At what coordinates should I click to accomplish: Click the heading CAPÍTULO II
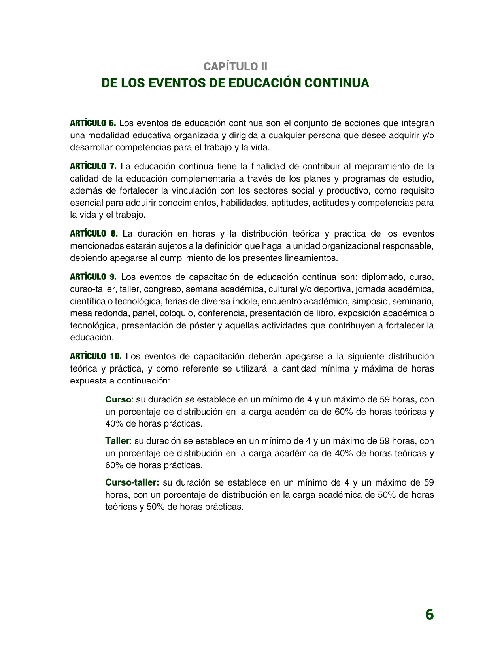pos(236,66)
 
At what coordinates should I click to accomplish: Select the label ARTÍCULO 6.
pos(93,123)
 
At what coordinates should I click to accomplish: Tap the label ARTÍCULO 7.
pos(93,166)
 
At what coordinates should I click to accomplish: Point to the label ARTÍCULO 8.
pos(94,233)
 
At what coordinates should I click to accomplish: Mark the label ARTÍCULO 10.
pos(96,356)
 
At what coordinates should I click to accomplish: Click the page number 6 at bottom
pos(429,615)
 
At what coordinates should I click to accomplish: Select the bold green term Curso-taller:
pos(132,483)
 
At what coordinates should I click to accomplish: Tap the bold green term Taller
pos(117,441)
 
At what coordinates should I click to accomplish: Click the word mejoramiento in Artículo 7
pos(382,166)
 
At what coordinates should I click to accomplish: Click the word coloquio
pos(177,313)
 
